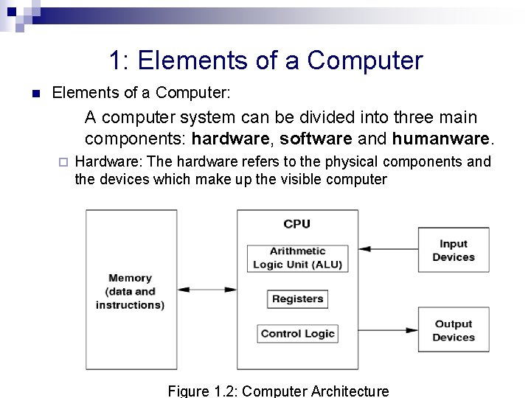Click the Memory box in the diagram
point(130,290)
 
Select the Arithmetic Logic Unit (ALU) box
point(297,258)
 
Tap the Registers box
point(297,298)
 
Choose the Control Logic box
point(297,334)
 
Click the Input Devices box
point(453,251)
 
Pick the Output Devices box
point(453,330)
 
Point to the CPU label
point(297,224)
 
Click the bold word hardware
point(230,139)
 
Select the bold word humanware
point(440,139)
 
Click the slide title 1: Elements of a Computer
point(265,60)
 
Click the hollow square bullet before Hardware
point(63,162)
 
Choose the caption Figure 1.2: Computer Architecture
point(278,391)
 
